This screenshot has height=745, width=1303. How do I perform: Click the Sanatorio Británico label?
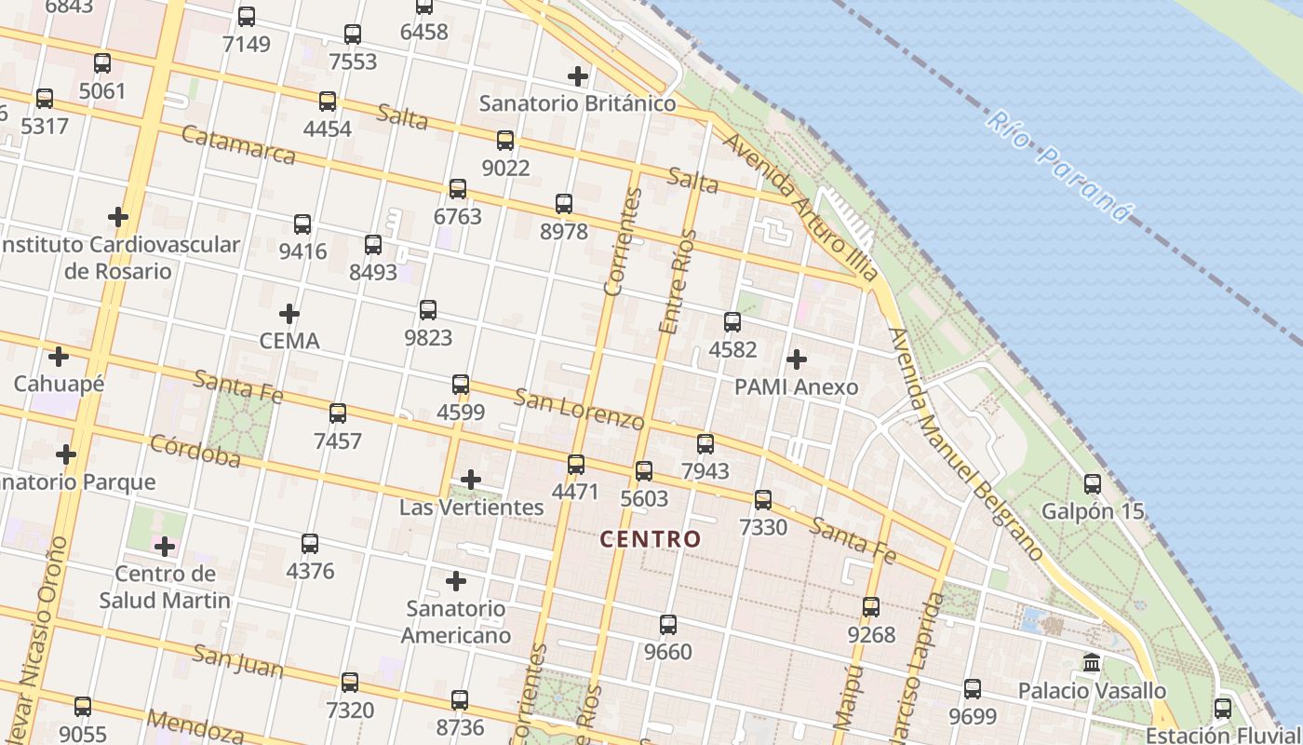(x=577, y=103)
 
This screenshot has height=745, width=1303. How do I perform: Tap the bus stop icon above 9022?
(x=505, y=141)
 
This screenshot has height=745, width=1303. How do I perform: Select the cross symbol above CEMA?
(x=289, y=313)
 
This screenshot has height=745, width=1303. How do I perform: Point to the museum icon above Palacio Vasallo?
(x=1092, y=663)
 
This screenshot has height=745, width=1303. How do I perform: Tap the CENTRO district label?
(x=650, y=538)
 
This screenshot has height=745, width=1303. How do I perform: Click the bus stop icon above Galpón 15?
(x=1093, y=484)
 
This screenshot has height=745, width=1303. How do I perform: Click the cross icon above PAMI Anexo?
(x=797, y=359)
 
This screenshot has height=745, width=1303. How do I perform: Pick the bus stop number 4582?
(x=732, y=349)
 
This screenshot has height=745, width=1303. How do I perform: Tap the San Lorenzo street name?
(x=579, y=408)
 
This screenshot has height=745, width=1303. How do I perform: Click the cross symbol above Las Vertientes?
(x=471, y=480)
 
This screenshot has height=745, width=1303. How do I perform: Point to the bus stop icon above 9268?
(x=871, y=607)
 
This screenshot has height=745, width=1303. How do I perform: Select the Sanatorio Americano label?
(x=456, y=622)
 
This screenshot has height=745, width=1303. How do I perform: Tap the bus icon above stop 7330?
(x=763, y=500)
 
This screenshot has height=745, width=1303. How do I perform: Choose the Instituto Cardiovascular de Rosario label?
(x=119, y=258)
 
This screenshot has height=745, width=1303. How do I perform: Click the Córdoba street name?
(x=195, y=450)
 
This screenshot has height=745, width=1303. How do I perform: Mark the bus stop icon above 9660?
(x=668, y=624)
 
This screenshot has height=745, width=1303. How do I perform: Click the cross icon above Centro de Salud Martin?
(x=165, y=546)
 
